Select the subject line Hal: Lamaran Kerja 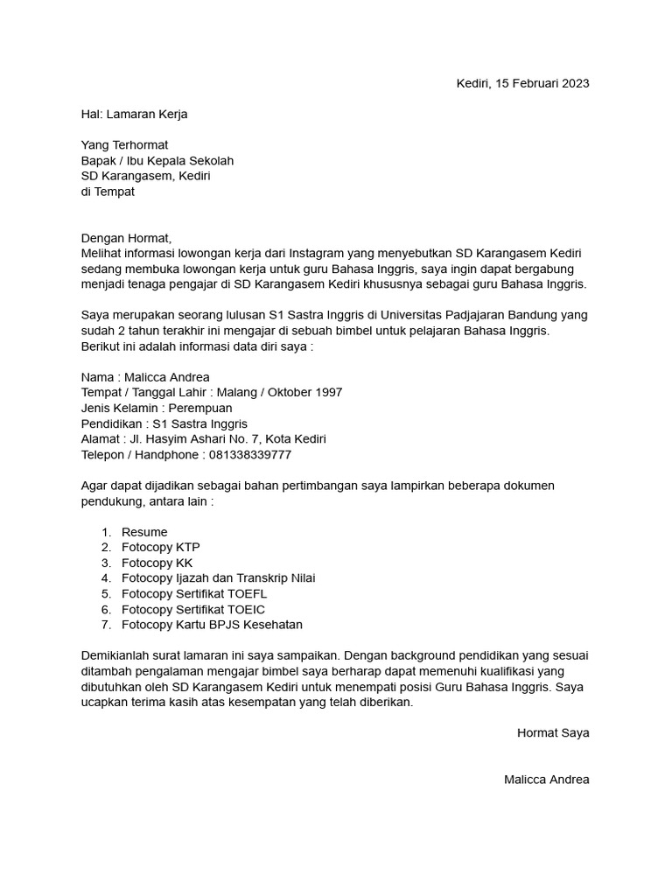pos(134,114)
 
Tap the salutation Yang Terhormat pos(124,145)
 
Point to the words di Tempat pos(108,192)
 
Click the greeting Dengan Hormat pos(127,238)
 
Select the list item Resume pos(144,532)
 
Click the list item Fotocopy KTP pos(161,548)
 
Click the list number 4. pos(106,578)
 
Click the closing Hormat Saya pos(553,733)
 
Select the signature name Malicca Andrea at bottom pos(546,780)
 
